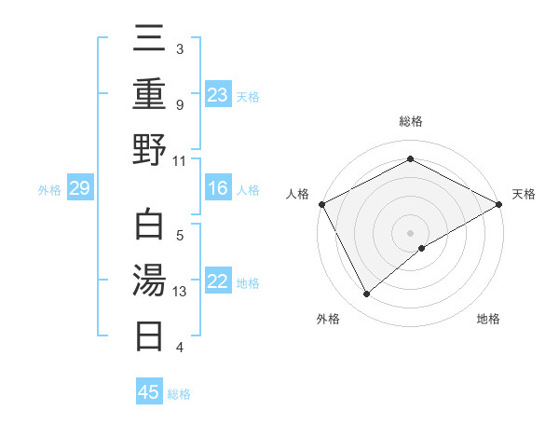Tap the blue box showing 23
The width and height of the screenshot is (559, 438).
pos(217,94)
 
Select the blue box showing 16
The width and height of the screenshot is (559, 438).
pos(217,189)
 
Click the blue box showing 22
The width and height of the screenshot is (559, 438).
pos(217,281)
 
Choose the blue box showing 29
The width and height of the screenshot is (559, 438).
pos(79,189)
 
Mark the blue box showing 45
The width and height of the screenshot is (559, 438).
pos(149,392)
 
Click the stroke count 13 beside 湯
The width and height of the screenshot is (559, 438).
pos(181,292)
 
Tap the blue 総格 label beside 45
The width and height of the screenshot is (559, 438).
pos(179,393)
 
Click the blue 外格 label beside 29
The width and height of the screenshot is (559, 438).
pos(49,190)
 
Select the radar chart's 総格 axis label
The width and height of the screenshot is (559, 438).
pos(410,121)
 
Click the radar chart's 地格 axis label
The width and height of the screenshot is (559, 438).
pos(488,319)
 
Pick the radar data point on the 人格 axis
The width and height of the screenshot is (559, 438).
pos(321,203)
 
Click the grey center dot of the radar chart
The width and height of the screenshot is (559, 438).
pos(410,232)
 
